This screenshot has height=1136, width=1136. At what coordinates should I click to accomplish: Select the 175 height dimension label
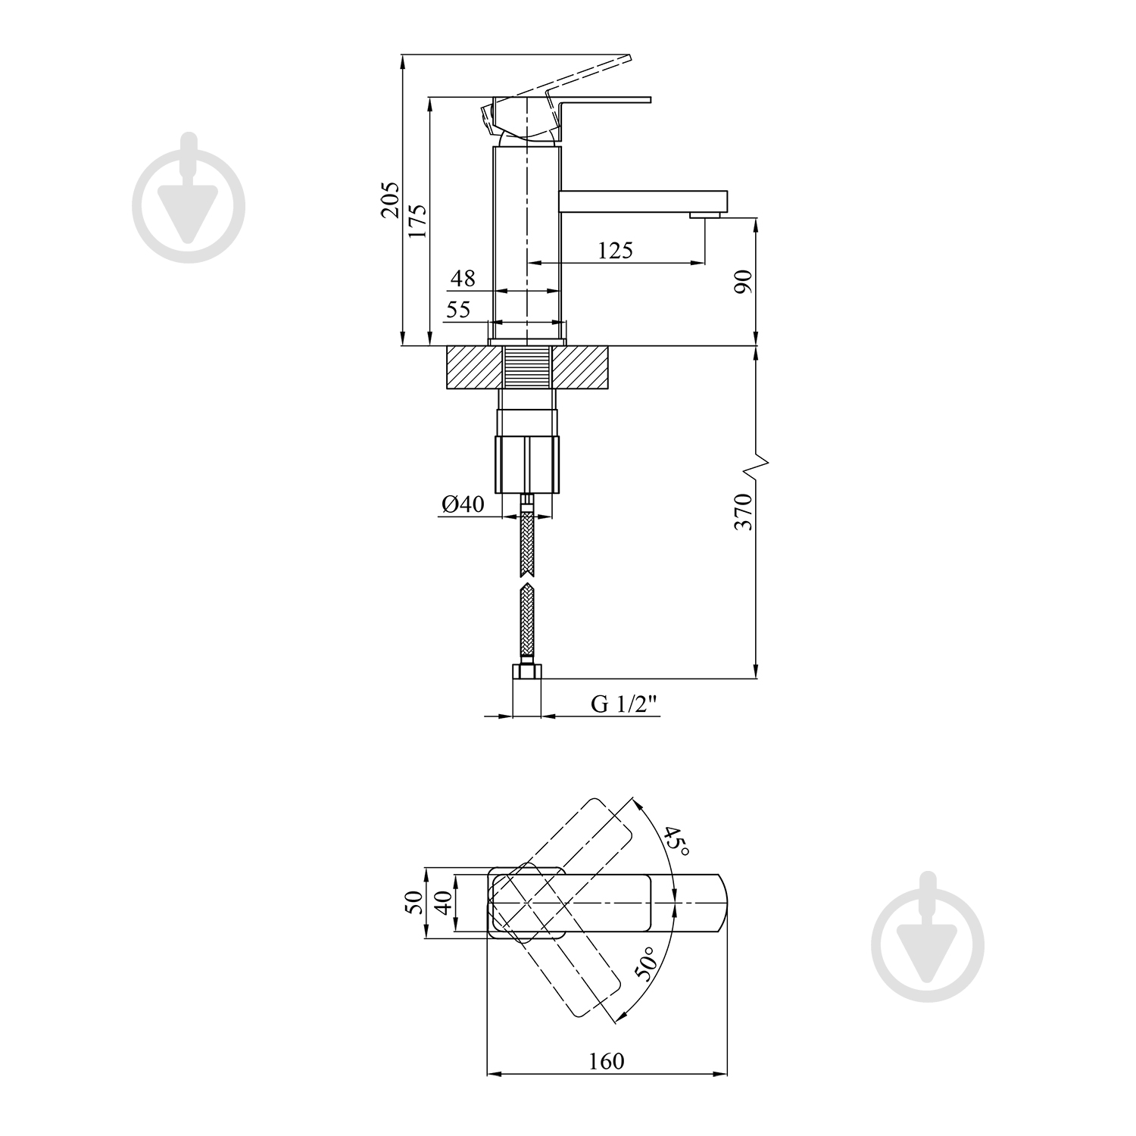417,222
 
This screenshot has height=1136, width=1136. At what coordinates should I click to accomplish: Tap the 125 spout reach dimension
615,250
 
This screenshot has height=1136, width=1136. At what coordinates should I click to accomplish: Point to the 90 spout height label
743,281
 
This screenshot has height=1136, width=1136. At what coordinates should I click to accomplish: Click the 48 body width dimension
463,278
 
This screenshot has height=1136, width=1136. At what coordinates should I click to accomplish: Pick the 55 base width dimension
457,309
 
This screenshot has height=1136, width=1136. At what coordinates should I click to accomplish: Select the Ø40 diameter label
461,504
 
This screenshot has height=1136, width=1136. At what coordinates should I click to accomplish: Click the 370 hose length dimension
743,511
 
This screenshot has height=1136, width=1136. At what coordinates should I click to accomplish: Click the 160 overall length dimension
607,1061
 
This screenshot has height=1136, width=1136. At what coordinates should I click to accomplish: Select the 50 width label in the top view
414,903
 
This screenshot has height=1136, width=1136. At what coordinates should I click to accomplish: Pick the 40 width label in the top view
443,903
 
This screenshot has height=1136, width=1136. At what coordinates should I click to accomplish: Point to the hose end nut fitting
527,671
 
